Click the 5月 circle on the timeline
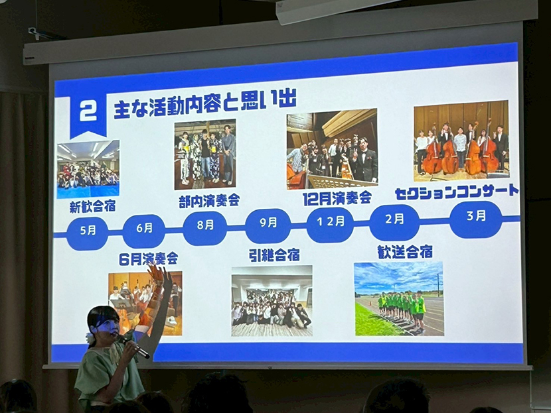click(88, 231)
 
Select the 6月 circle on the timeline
click(144, 229)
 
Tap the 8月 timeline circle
click(205, 226)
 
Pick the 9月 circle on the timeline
click(268, 224)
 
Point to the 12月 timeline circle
click(331, 222)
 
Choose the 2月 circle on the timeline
click(394, 220)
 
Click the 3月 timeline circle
click(476, 217)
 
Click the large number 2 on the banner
click(88, 112)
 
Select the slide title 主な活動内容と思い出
click(205, 103)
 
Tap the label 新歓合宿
click(93, 207)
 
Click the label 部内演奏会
click(209, 200)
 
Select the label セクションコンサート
click(457, 192)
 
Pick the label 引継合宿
click(274, 255)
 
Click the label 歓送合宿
click(405, 251)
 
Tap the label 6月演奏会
click(148, 259)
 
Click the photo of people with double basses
click(461, 141)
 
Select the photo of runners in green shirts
click(399, 299)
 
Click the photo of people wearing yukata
click(205, 154)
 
